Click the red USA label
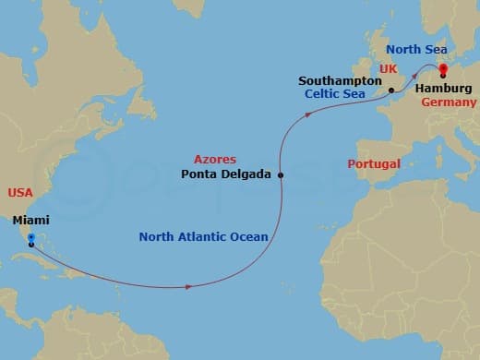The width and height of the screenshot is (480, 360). point(20,192)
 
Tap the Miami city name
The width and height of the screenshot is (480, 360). point(31,220)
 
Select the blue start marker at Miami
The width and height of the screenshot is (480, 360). point(30,237)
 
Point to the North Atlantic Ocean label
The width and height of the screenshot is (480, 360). point(203,237)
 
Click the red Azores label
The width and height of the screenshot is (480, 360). point(215,159)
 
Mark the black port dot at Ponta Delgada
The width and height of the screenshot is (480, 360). point(281,174)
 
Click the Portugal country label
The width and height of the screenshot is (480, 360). point(374,163)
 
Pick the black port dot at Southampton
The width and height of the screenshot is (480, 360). point(391,90)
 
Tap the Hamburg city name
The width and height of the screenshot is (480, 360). point(443,89)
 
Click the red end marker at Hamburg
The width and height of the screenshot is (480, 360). point(442,67)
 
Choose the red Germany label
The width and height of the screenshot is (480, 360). point(449,102)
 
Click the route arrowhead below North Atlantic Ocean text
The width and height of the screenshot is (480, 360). point(189,286)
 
